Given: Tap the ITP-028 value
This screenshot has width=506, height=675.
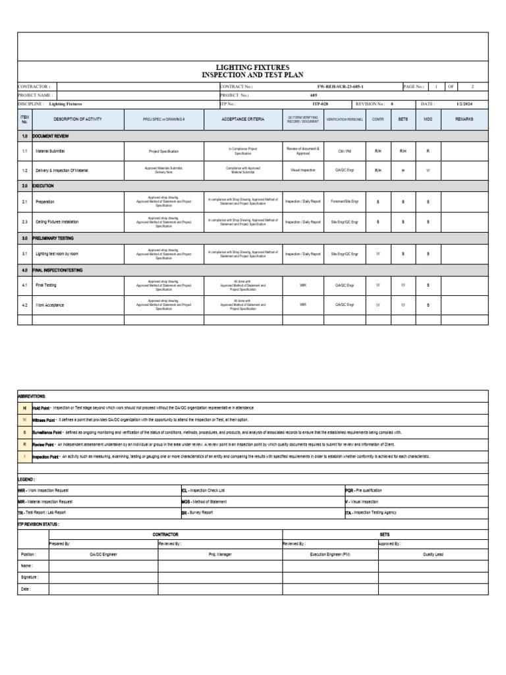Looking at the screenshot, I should point(321,104).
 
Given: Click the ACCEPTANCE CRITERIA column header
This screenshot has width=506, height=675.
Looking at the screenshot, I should point(242,119).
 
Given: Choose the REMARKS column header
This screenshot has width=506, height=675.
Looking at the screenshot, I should point(464,119).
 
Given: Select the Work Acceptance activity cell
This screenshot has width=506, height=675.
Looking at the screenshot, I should point(50,305).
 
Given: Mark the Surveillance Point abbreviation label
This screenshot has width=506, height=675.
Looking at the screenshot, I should point(47,432).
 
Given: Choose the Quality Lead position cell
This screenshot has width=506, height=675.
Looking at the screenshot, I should point(433,554).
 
